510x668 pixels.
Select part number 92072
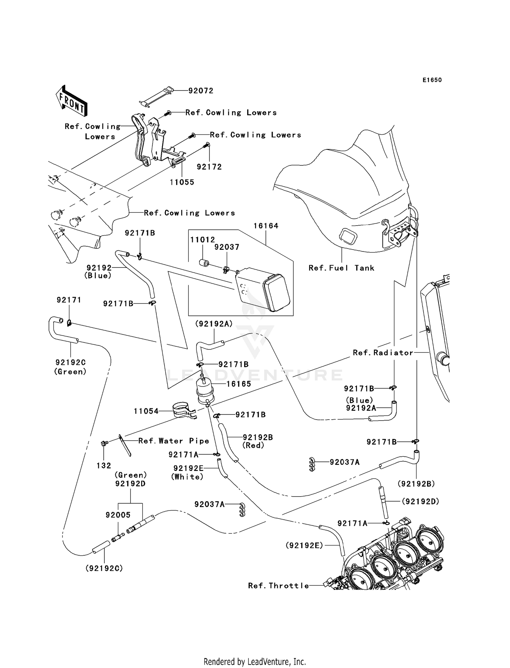click(201, 91)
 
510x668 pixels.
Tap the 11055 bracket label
click(182, 182)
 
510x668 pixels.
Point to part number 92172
click(209, 167)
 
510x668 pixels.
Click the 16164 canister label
click(266, 226)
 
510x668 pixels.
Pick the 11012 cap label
click(202, 240)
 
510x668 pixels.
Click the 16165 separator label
click(239, 384)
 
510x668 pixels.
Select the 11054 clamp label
click(146, 411)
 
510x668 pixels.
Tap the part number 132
click(104, 466)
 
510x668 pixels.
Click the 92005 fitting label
click(118, 515)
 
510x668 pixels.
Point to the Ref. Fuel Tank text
click(341, 268)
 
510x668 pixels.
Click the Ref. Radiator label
click(383, 353)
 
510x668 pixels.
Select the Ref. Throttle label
click(278, 586)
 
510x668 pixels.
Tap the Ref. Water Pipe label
click(173, 441)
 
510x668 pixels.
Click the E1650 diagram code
click(432, 80)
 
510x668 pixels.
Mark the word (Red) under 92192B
click(253, 445)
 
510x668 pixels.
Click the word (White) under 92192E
click(187, 477)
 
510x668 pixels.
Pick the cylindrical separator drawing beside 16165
click(204, 391)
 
